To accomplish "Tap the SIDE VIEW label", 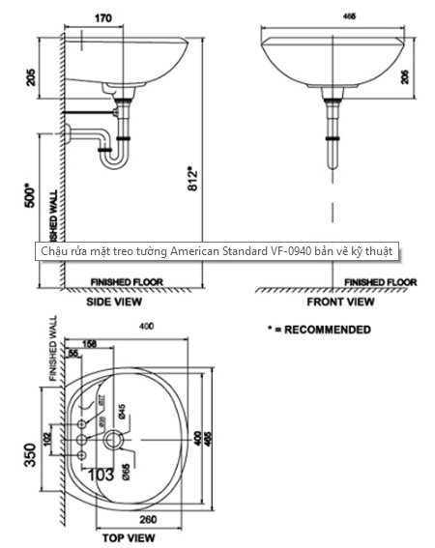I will coord(123,302).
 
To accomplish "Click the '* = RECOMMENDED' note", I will coord(318,331).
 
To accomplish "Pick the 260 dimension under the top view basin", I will coord(147,518).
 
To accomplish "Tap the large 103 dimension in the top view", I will coord(101,474).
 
